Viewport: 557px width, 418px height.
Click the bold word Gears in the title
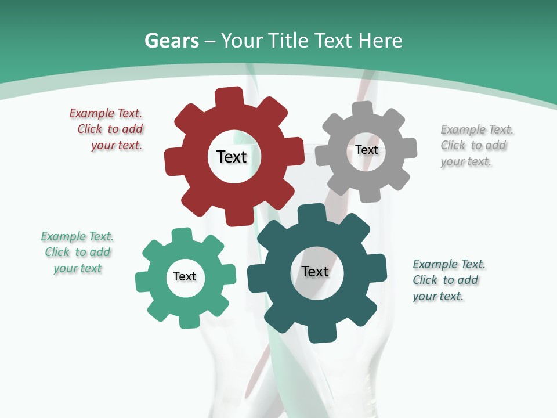pos(171,41)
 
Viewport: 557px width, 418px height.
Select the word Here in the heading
pos(380,41)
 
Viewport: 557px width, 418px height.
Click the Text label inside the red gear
pos(232,157)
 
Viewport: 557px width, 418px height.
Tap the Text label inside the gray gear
pos(366,150)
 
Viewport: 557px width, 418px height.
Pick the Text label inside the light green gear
pos(185,276)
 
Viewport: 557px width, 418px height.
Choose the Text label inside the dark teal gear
pos(315,271)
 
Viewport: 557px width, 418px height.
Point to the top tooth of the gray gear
pos(363,109)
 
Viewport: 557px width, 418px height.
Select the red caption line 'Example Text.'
pos(106,113)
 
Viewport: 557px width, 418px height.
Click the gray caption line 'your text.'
pos(466,162)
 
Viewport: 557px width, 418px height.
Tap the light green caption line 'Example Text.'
pos(77,236)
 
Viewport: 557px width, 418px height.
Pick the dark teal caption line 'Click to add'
pos(446,280)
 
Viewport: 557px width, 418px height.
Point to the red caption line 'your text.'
pos(117,146)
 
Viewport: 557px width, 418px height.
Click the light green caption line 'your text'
pos(78,268)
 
